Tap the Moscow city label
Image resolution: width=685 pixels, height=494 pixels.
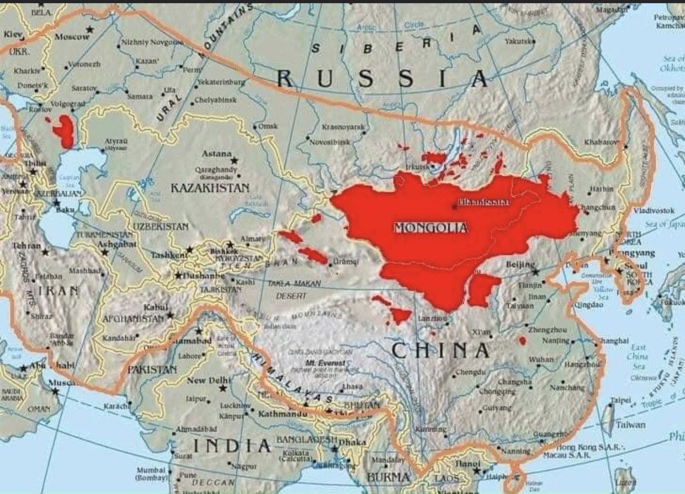[x=72, y=37]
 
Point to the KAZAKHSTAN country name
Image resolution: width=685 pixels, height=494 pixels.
[x=210, y=188]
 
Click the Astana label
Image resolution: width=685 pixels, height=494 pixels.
[x=217, y=154]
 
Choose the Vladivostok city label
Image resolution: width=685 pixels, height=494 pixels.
[x=654, y=210]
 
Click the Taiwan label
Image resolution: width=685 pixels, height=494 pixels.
[x=630, y=425]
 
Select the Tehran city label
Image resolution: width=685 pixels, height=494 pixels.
[x=26, y=246]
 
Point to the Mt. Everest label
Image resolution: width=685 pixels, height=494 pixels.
[x=325, y=363]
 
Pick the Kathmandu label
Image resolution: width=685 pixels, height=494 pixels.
[x=279, y=413]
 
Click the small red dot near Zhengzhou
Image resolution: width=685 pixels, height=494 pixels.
[x=522, y=341]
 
